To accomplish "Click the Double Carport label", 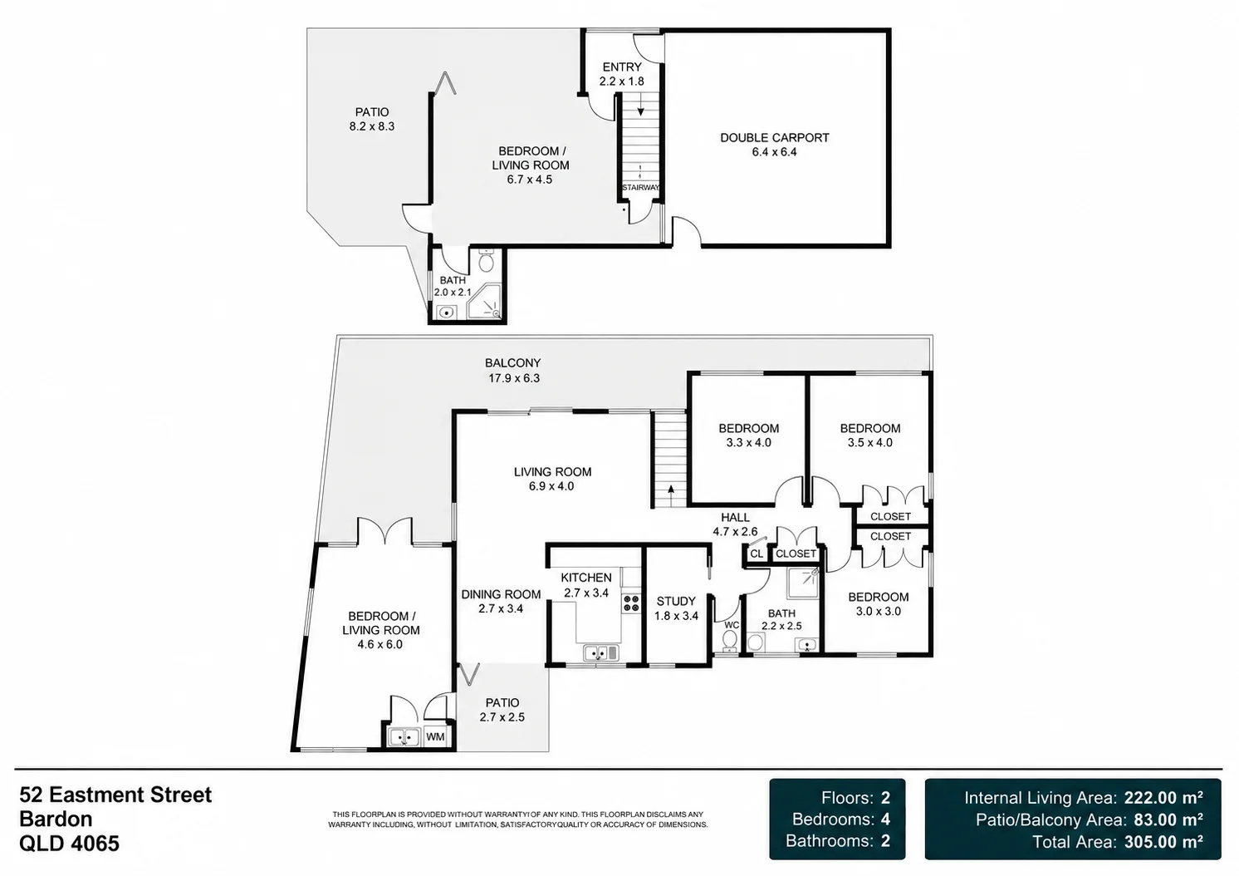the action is (774, 145).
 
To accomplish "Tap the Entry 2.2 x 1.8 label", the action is (622, 74).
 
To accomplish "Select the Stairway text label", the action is (640, 187).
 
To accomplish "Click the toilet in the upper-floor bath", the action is (486, 261).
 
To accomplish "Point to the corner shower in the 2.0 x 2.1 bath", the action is (484, 303).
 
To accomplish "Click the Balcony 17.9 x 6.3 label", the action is (513, 371).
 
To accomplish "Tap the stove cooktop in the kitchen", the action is (631, 603).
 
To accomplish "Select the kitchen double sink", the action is (601, 653).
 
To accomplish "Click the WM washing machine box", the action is (436, 737).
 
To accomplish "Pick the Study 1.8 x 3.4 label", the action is (676, 608).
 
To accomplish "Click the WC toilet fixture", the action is (730, 642).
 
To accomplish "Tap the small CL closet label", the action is (757, 554).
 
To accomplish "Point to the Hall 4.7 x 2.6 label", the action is (735, 524).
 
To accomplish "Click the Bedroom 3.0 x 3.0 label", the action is (879, 604).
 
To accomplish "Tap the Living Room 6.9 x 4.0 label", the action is (552, 479).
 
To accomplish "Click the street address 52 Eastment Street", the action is (115, 795).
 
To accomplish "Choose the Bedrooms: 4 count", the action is (840, 819).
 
